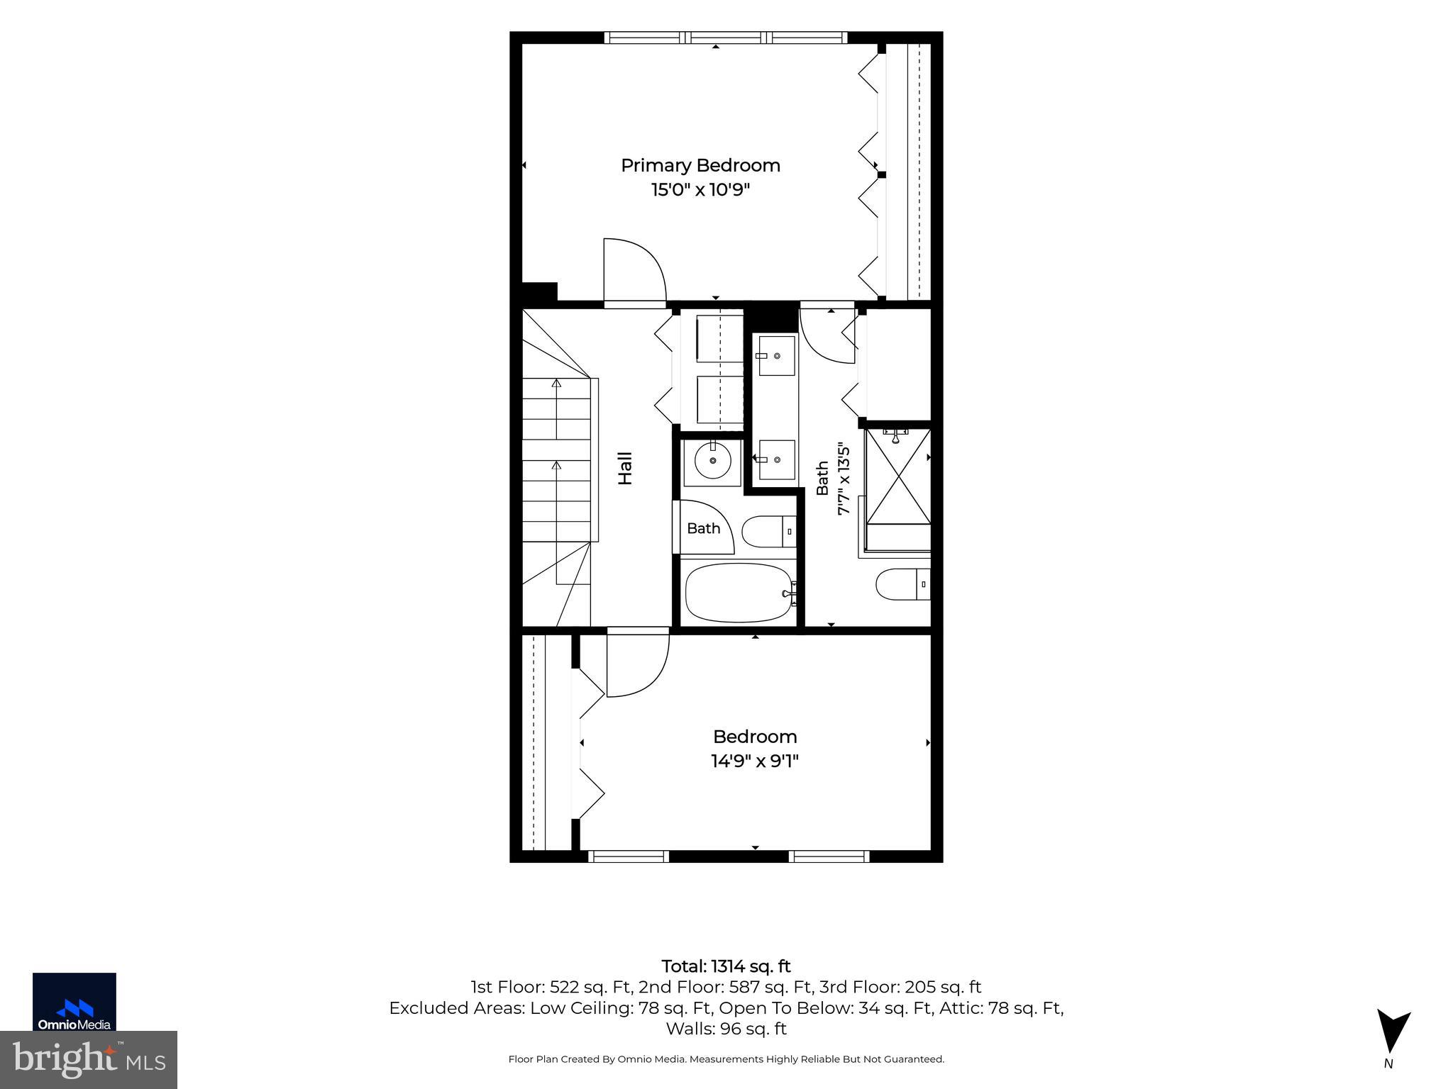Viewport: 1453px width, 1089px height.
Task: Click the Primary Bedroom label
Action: coord(700,166)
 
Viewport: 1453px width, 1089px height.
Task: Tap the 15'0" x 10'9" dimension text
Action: coord(700,190)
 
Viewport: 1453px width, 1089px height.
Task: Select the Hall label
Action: coord(625,469)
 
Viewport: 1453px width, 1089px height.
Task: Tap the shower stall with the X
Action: coord(898,476)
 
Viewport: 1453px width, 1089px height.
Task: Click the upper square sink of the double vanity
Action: coord(776,356)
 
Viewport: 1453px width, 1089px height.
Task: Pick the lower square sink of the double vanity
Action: coord(776,459)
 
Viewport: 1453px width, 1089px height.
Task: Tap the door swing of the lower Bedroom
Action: coord(638,664)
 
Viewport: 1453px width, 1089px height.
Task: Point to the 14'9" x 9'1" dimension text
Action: coord(755,761)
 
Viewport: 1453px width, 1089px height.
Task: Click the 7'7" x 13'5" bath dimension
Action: coord(844,479)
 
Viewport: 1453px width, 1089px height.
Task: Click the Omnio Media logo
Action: coord(74,1001)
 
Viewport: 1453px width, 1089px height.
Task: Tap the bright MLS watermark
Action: coord(89,1060)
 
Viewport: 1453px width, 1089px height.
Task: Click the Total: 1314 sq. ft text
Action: coord(726,966)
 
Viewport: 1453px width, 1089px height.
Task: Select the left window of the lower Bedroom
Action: coord(629,856)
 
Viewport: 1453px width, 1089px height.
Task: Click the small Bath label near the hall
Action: coord(703,528)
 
